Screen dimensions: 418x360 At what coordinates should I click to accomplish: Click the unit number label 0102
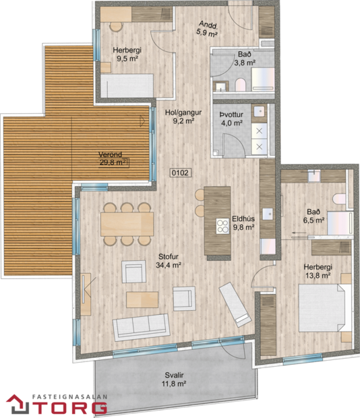coord(179,173)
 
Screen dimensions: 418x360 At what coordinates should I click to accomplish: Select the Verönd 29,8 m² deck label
coord(113,157)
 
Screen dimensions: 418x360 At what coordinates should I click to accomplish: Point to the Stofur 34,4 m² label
coord(169,260)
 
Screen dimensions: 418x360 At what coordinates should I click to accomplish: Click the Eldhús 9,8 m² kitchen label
coord(243,222)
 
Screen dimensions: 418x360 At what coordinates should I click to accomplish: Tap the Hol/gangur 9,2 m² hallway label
coord(179,117)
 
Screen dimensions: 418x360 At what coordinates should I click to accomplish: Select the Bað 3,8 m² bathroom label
coord(245,58)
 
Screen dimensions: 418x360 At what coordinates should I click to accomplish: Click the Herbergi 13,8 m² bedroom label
coord(316,270)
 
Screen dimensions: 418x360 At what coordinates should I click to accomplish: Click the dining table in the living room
coord(127,224)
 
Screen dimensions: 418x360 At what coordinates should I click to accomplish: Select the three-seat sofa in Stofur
coord(142,327)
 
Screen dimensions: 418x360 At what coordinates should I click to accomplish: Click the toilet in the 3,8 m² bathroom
coord(241,84)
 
